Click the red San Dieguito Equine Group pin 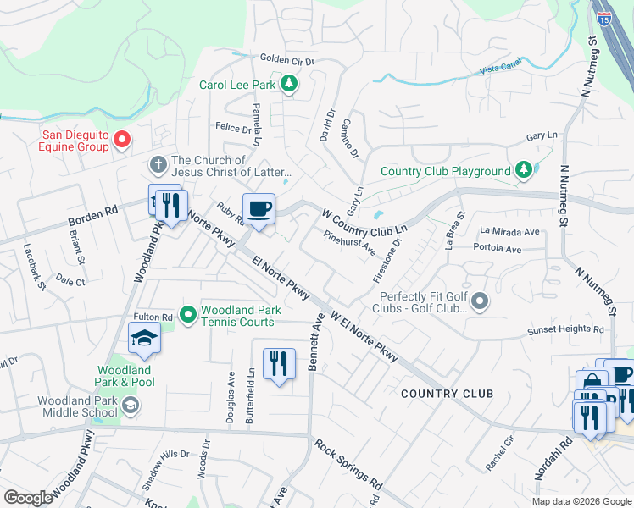[121, 139]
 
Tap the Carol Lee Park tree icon [289, 84]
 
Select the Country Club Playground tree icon [523, 171]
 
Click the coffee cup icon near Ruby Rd [258, 208]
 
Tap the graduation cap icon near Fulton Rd [145, 338]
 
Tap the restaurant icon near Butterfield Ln [279, 363]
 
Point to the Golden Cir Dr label [287, 60]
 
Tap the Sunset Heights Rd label [565, 330]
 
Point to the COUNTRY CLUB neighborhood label [447, 394]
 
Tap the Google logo [28, 498]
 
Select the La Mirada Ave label [509, 231]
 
